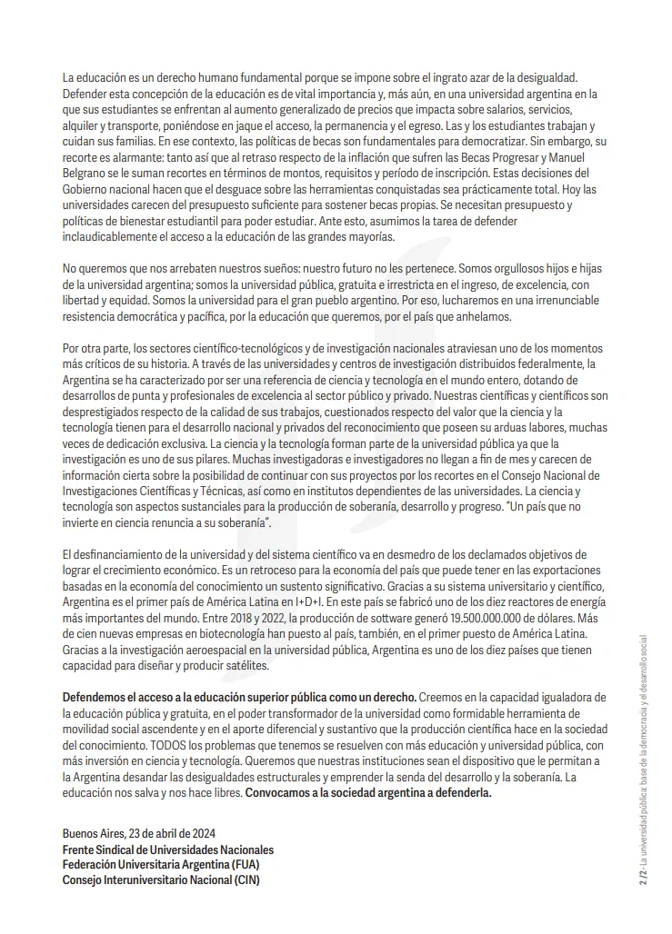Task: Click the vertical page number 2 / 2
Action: (643, 877)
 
